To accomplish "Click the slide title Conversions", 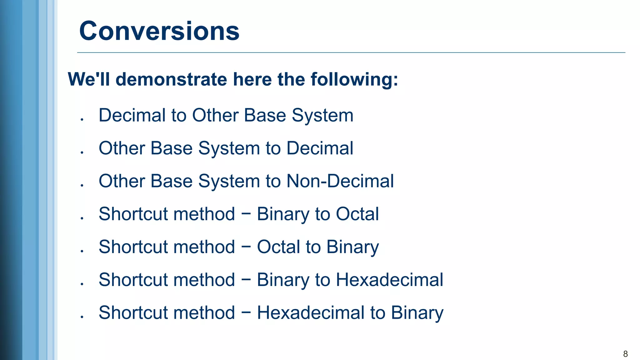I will tap(159, 31).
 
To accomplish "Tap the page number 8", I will tap(625, 354).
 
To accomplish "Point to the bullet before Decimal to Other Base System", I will tap(82, 119).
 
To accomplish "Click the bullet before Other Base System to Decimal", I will tap(82, 152).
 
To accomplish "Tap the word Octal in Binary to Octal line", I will tap(357, 214).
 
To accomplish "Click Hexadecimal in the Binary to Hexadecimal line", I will tap(389, 280).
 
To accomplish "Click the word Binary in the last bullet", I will tap(417, 312).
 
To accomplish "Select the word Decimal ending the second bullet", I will tap(320, 148).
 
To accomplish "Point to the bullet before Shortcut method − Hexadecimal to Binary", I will tap(82, 317).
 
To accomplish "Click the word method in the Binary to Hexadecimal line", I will tap(204, 280).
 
